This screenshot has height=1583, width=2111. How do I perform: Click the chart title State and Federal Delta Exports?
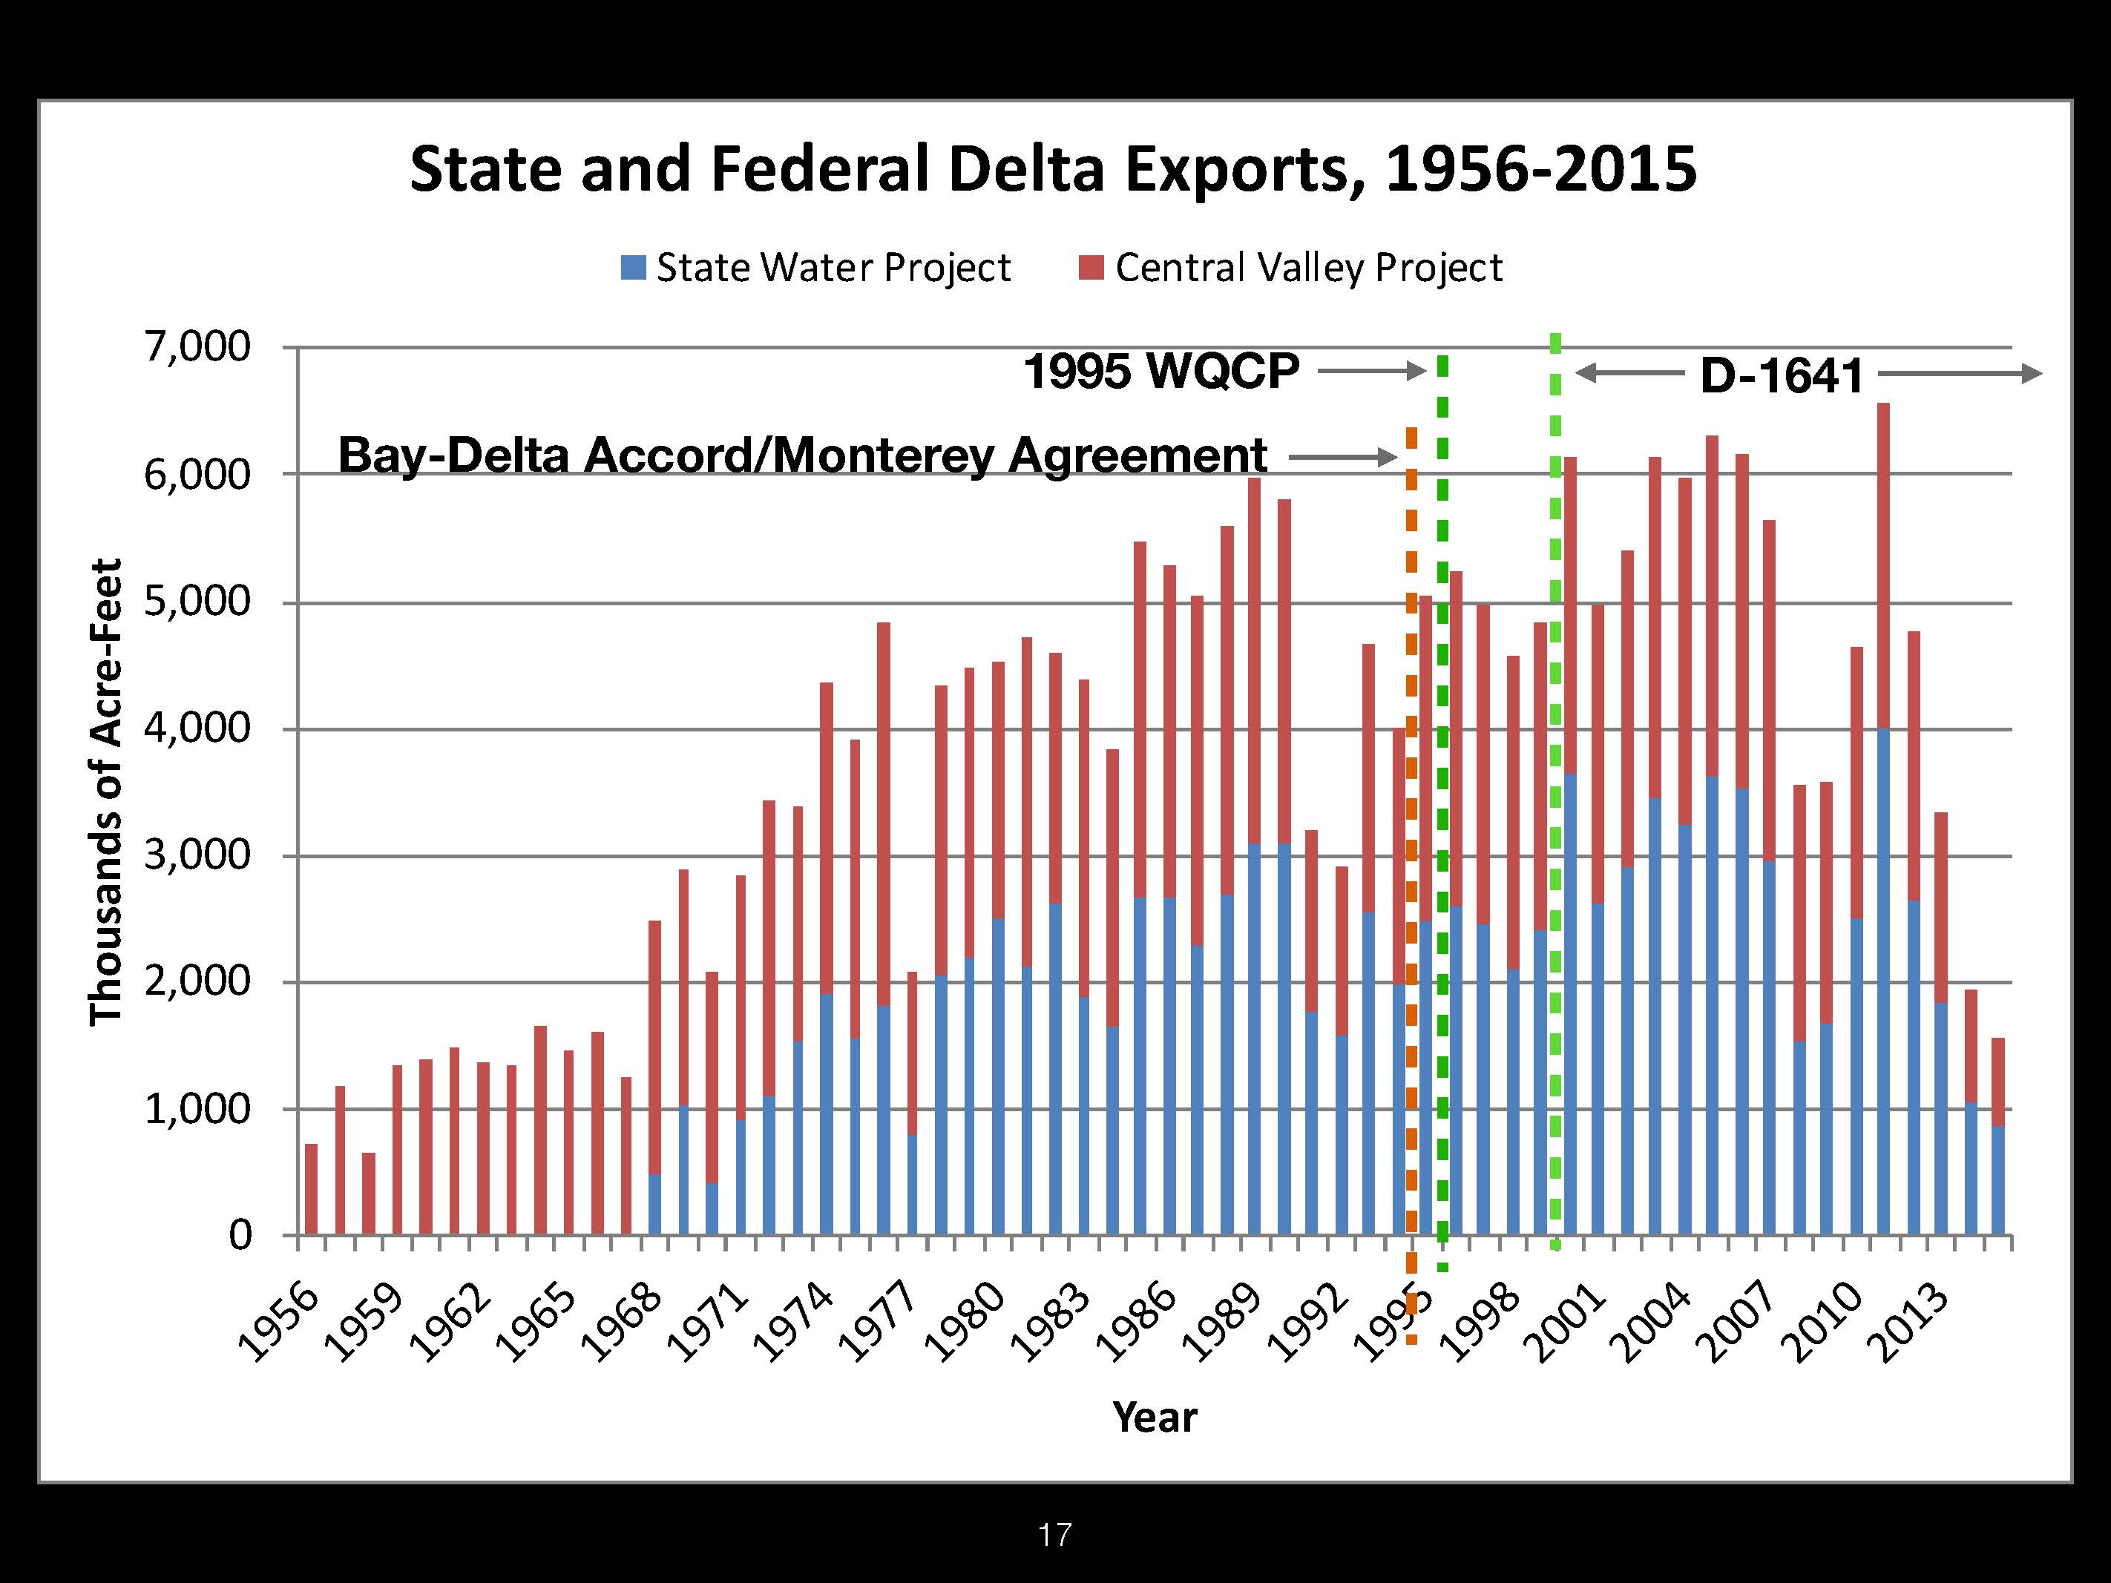pos(1053,169)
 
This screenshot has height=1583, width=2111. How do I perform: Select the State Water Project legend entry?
pos(816,268)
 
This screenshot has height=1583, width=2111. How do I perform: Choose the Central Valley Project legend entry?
pos(1291,268)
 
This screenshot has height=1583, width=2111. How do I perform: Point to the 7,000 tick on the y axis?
pos(197,347)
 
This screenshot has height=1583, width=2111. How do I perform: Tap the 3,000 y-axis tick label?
pos(197,855)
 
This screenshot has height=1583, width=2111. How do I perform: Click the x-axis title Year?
pos(1154,1418)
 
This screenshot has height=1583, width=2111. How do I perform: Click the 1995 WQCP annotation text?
pos(1160,371)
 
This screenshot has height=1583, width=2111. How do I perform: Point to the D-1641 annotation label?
pos(1781,376)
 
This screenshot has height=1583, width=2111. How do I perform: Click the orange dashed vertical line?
pos(1411,859)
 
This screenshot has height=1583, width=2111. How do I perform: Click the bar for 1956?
pos(311,1189)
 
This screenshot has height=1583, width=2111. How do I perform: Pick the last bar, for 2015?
pos(1997,1136)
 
